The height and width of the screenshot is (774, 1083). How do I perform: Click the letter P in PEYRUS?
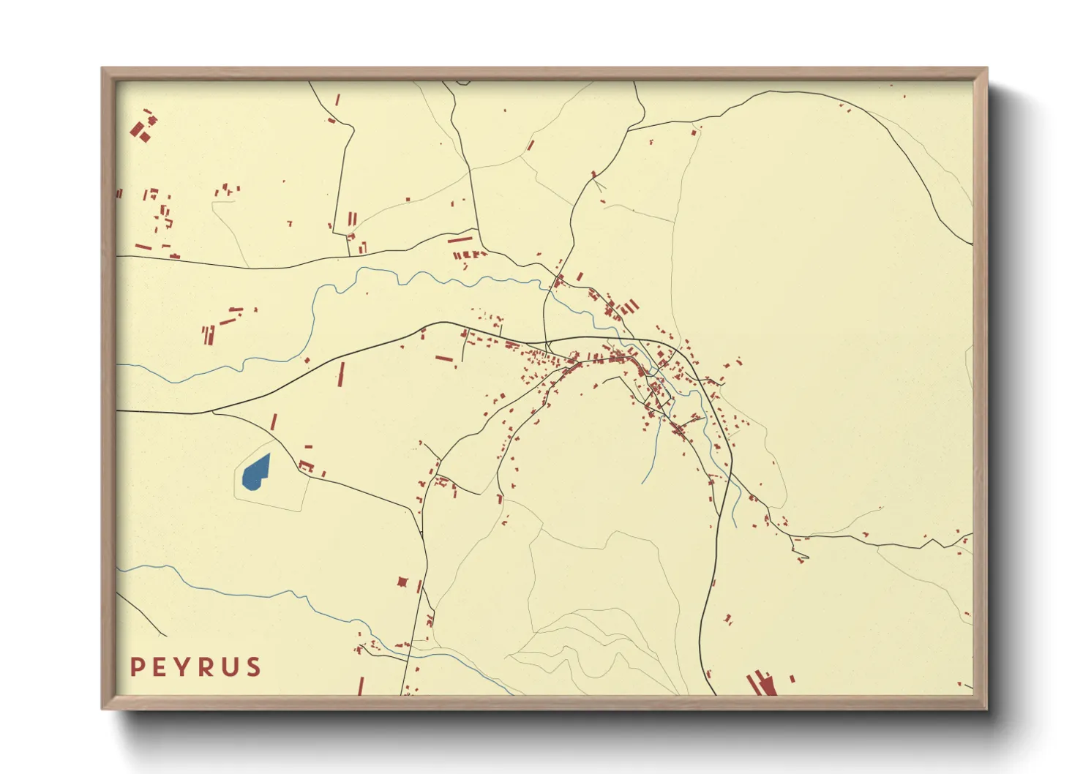(137, 667)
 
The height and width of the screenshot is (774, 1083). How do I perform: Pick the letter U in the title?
(231, 667)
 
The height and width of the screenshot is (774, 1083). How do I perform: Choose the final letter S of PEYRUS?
(253, 667)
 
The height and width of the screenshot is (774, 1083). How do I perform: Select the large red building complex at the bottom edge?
(762, 684)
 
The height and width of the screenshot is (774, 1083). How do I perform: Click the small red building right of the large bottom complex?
(792, 679)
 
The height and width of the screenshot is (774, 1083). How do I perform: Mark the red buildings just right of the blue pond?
(307, 466)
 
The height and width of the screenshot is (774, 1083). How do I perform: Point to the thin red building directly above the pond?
(274, 422)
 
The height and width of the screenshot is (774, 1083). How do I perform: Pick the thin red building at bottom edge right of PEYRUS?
(361, 686)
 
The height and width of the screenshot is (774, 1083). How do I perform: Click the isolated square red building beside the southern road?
(402, 582)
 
